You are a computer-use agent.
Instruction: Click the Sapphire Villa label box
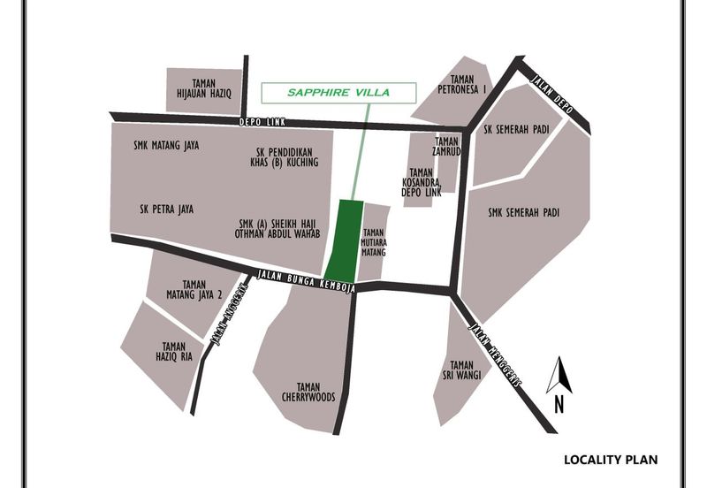pyautogui.click(x=339, y=92)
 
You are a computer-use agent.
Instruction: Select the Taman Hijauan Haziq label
pyautogui.click(x=204, y=85)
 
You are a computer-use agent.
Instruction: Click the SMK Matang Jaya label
pyautogui.click(x=165, y=146)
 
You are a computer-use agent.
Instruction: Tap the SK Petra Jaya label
pyautogui.click(x=166, y=210)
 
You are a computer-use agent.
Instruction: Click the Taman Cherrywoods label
pyautogui.click(x=303, y=392)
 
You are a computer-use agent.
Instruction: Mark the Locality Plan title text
pyautogui.click(x=611, y=460)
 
